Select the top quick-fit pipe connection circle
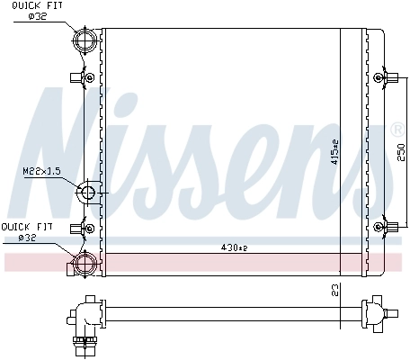point(85,40)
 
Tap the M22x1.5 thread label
point(40,169)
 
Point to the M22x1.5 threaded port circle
point(87,193)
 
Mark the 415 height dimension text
point(334,153)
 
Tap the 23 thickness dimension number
point(334,290)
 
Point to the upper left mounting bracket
point(87,78)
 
